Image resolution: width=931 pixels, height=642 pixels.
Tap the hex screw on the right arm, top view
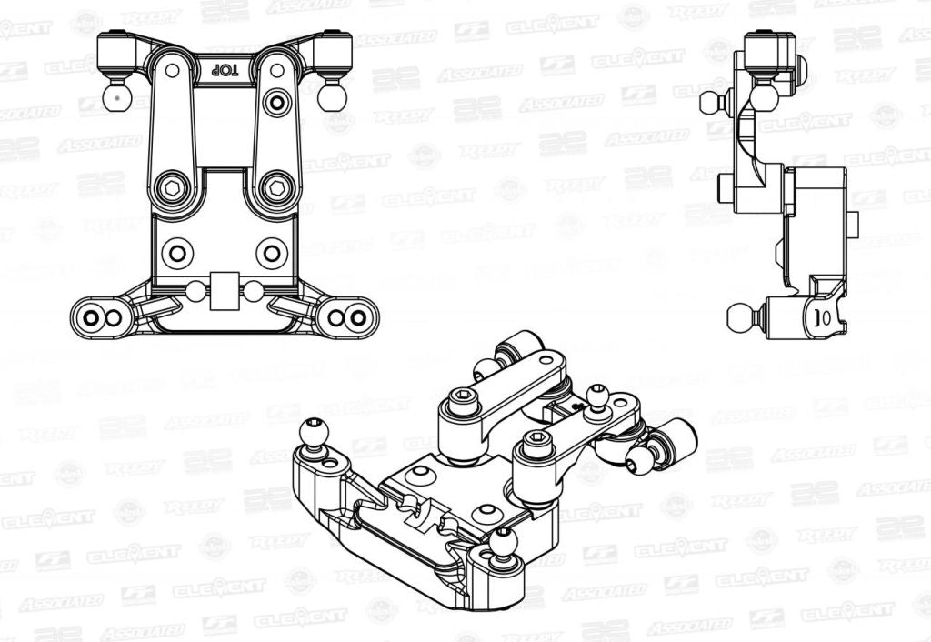[x=273, y=187]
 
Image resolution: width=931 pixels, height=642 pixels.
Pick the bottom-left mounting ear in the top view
[x=99, y=316]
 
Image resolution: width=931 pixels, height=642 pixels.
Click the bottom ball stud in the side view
[x=741, y=317]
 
